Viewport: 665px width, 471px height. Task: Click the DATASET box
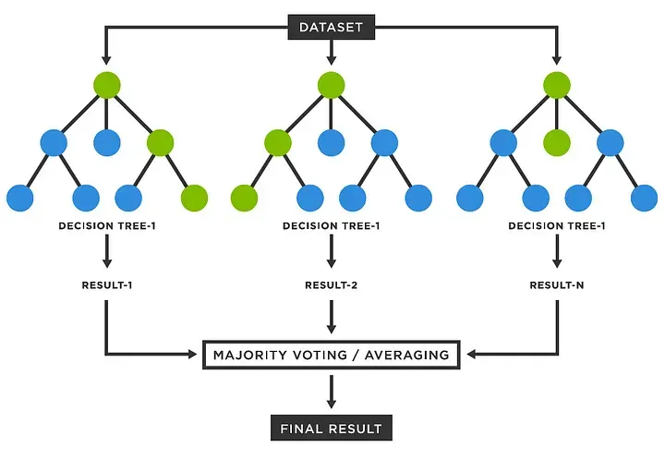coord(332,27)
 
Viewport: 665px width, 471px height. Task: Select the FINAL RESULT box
coord(332,429)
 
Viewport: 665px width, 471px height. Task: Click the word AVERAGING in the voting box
coord(406,355)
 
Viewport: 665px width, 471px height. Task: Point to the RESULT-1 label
coord(106,285)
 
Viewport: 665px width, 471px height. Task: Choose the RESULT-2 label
coord(331,285)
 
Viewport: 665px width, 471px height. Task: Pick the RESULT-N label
coord(556,285)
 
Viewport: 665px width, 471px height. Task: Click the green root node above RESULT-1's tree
coord(107,86)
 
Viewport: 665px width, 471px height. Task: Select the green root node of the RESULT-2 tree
coord(332,86)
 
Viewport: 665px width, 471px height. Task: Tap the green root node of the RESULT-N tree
coord(556,86)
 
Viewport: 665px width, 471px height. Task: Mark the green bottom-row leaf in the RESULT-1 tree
coord(195,198)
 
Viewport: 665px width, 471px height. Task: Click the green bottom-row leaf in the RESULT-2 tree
coord(244,198)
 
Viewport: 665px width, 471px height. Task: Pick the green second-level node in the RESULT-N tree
coord(556,142)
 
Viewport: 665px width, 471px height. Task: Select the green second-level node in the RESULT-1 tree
coord(160,142)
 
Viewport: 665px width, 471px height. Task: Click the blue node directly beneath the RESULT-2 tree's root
coord(332,142)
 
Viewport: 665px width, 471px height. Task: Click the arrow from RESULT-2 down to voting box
coord(332,318)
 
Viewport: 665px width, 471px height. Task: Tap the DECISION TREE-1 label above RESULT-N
coord(556,225)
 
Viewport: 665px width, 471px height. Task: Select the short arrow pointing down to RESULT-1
coord(107,251)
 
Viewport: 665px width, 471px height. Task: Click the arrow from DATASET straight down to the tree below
coord(332,54)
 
